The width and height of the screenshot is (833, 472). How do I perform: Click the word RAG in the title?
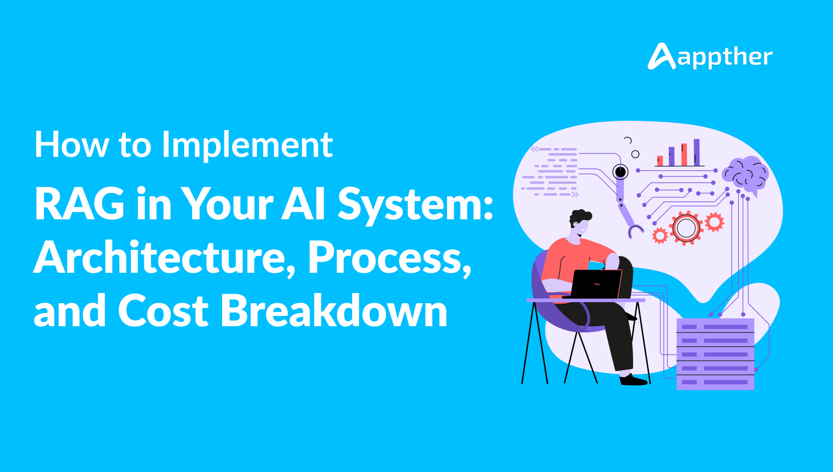coord(80,204)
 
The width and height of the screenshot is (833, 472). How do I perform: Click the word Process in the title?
coord(389,257)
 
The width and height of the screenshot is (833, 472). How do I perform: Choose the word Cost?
coord(163,311)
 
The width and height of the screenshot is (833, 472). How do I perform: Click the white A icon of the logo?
coord(661,56)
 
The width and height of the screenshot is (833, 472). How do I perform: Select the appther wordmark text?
coord(725,57)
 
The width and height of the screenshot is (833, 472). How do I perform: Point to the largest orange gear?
coord(686,228)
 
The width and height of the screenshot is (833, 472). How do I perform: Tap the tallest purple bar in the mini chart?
coord(696,152)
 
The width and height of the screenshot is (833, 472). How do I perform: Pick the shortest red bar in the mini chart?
coord(660,161)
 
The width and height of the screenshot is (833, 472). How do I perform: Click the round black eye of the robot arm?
coord(620,172)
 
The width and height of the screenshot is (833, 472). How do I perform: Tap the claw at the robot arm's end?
coord(635,230)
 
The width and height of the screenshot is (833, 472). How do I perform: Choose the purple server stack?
coord(715,354)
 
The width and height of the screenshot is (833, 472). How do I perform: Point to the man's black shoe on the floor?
coord(633,380)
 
